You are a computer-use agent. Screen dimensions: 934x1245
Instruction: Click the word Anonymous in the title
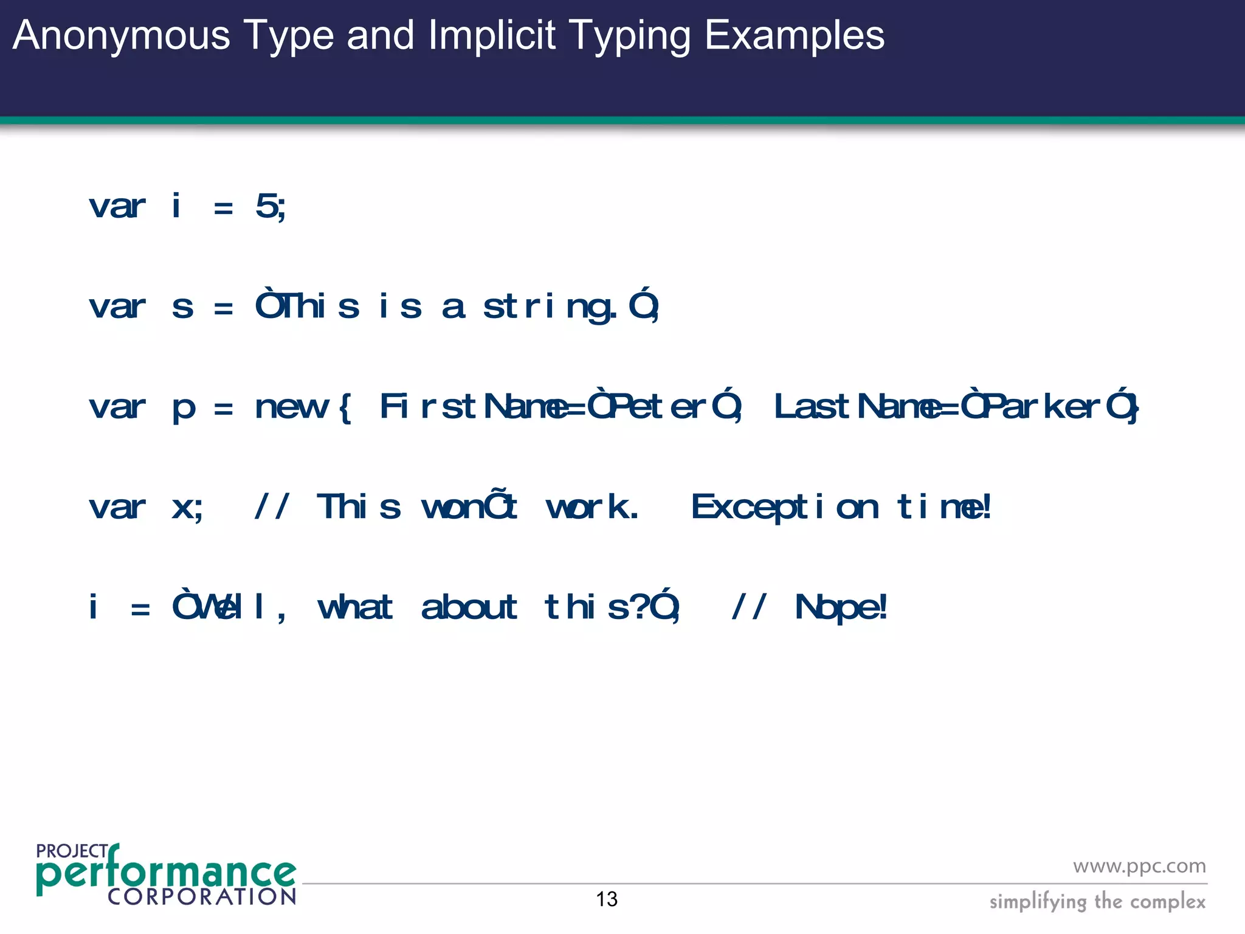click(121, 35)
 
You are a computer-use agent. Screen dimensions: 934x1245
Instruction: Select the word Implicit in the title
click(492, 35)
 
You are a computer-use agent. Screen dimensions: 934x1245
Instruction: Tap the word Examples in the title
click(794, 35)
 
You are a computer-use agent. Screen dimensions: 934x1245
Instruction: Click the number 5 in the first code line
click(266, 206)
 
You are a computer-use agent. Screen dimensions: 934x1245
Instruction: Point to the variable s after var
click(182, 306)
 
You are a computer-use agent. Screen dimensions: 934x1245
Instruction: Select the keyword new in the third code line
click(292, 407)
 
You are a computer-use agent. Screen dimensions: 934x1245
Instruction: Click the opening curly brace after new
click(345, 407)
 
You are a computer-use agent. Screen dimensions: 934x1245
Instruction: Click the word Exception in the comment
click(784, 507)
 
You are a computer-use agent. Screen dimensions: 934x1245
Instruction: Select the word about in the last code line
click(469, 607)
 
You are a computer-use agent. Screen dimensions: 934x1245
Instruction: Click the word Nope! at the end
click(841, 607)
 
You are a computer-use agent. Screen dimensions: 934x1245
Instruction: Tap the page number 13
click(607, 899)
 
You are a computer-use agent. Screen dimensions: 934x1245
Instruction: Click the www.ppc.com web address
click(1139, 866)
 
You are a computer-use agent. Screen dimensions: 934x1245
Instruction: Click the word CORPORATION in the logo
click(202, 897)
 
